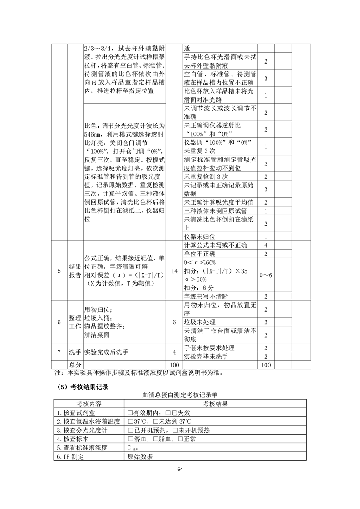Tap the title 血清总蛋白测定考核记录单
pyautogui.click(x=180, y=396)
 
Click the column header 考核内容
pyautogui.click(x=89, y=404)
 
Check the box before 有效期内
pyautogui.click(x=130, y=412)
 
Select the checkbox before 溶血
pyautogui.click(x=130, y=439)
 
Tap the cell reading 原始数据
pyautogui.click(x=140, y=457)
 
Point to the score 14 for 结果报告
pyautogui.click(x=175, y=271)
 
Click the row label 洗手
pyautogui.click(x=75, y=352)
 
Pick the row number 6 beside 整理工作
pyautogui.click(x=59, y=322)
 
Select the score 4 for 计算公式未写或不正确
pyautogui.click(x=266, y=245)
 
